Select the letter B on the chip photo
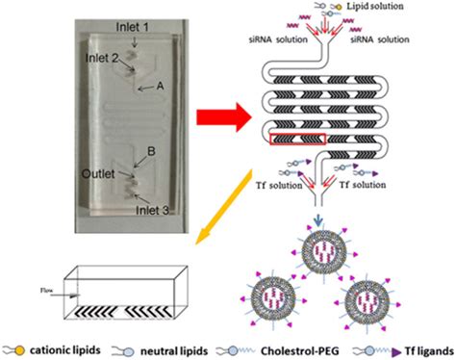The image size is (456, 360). (124, 151)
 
